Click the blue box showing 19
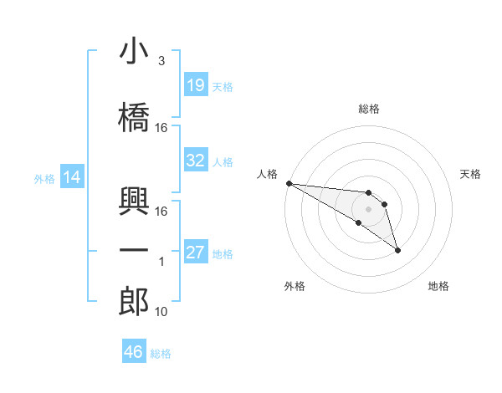click(196, 85)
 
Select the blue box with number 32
click(196, 161)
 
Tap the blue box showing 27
click(196, 253)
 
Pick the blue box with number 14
click(71, 177)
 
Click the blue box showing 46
click(134, 352)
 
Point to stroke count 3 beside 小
click(161, 61)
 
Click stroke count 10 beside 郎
click(161, 312)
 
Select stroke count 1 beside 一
click(161, 262)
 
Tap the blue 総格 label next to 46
click(161, 354)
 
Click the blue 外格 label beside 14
click(44, 178)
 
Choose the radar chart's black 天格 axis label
click(471, 174)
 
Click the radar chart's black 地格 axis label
click(438, 286)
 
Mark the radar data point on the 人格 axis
click(289, 182)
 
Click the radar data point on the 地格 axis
click(397, 249)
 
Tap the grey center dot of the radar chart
click(368, 208)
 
